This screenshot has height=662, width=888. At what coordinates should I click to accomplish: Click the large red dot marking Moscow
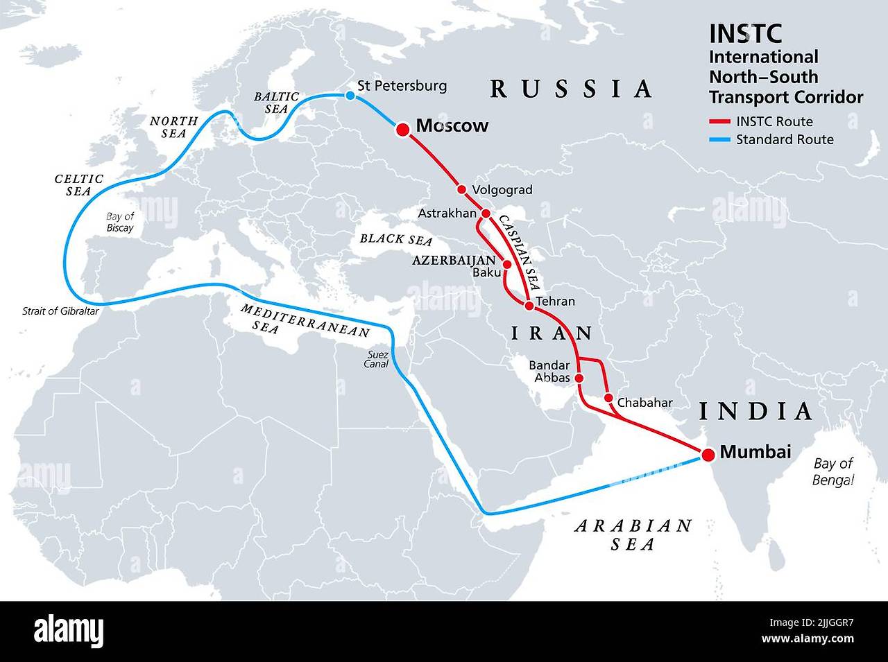pos(402,129)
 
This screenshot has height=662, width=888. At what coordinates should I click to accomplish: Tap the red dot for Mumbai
pos(707,455)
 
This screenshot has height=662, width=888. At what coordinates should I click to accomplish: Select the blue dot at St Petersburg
pos(350,96)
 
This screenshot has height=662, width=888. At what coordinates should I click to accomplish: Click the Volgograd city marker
pos(461,189)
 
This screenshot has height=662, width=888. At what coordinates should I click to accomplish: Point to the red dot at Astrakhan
pos(486,214)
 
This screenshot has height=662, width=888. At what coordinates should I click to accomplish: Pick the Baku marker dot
pos(506,265)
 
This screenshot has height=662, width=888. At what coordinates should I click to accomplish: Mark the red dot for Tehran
pos(529,305)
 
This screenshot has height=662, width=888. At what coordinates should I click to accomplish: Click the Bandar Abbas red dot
pos(580,378)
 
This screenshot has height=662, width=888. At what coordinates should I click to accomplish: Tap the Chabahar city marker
pos(608,398)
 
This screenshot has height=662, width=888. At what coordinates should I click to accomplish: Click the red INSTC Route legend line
pos(720,122)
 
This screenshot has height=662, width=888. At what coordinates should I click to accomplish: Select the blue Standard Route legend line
pos(720,140)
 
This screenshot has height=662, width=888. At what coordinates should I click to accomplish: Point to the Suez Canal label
pos(377,358)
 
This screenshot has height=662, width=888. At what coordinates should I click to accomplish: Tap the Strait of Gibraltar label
pos(60,311)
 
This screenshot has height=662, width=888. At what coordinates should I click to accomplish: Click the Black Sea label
pos(395,239)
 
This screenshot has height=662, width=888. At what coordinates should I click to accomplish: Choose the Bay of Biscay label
pos(120,222)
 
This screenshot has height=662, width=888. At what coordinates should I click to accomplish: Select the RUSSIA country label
pos(571,89)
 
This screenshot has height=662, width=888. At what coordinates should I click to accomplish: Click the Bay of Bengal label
pos(832,471)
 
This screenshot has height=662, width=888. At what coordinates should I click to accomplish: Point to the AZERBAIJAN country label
pos(454,261)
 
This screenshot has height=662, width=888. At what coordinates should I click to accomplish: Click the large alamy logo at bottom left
pos(69,631)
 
